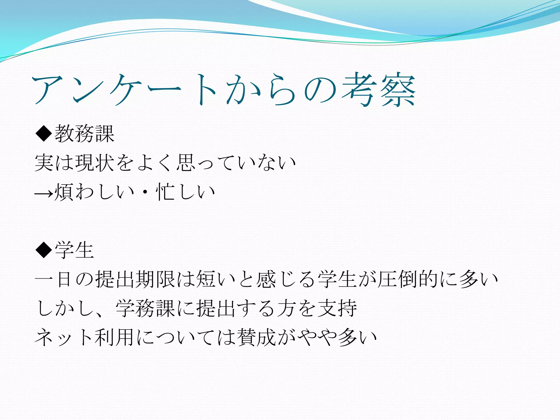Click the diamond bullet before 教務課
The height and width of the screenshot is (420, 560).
(44, 133)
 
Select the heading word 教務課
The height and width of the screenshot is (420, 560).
(84, 134)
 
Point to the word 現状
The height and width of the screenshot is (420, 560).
(94, 163)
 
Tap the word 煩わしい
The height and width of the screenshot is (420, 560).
(94, 192)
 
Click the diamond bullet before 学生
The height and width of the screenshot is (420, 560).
(44, 250)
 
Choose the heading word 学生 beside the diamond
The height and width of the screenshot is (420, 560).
(74, 250)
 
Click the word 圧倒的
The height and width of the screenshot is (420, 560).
(407, 279)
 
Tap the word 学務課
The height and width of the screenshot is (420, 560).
(145, 308)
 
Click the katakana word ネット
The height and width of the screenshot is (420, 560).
(64, 337)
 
